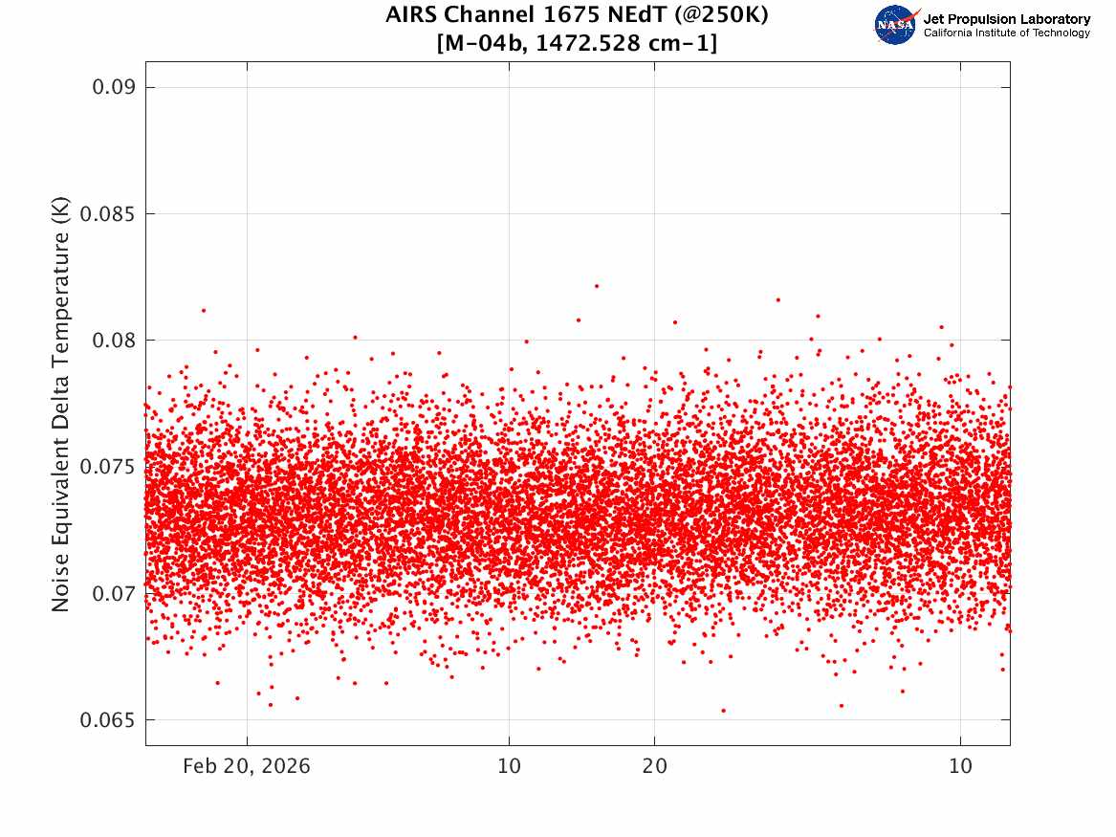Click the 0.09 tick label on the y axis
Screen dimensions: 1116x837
click(113, 88)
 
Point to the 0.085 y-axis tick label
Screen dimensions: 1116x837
click(107, 214)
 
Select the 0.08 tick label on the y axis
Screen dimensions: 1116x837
click(113, 341)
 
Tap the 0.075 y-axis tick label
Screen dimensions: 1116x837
click(107, 467)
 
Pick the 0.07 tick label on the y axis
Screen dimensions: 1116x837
click(113, 594)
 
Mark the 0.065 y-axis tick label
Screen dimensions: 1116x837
click(107, 720)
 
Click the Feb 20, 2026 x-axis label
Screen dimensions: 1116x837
click(247, 766)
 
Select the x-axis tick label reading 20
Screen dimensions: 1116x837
click(655, 766)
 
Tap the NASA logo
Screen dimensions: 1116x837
click(896, 25)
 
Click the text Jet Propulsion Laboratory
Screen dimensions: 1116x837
click(1007, 19)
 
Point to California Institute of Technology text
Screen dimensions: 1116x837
click(1007, 33)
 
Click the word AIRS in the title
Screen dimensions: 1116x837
click(409, 14)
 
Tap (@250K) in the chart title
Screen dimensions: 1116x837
click(722, 15)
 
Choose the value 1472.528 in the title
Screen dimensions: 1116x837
click(588, 43)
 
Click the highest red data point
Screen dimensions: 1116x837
click(597, 286)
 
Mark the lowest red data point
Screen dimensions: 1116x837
click(724, 711)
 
